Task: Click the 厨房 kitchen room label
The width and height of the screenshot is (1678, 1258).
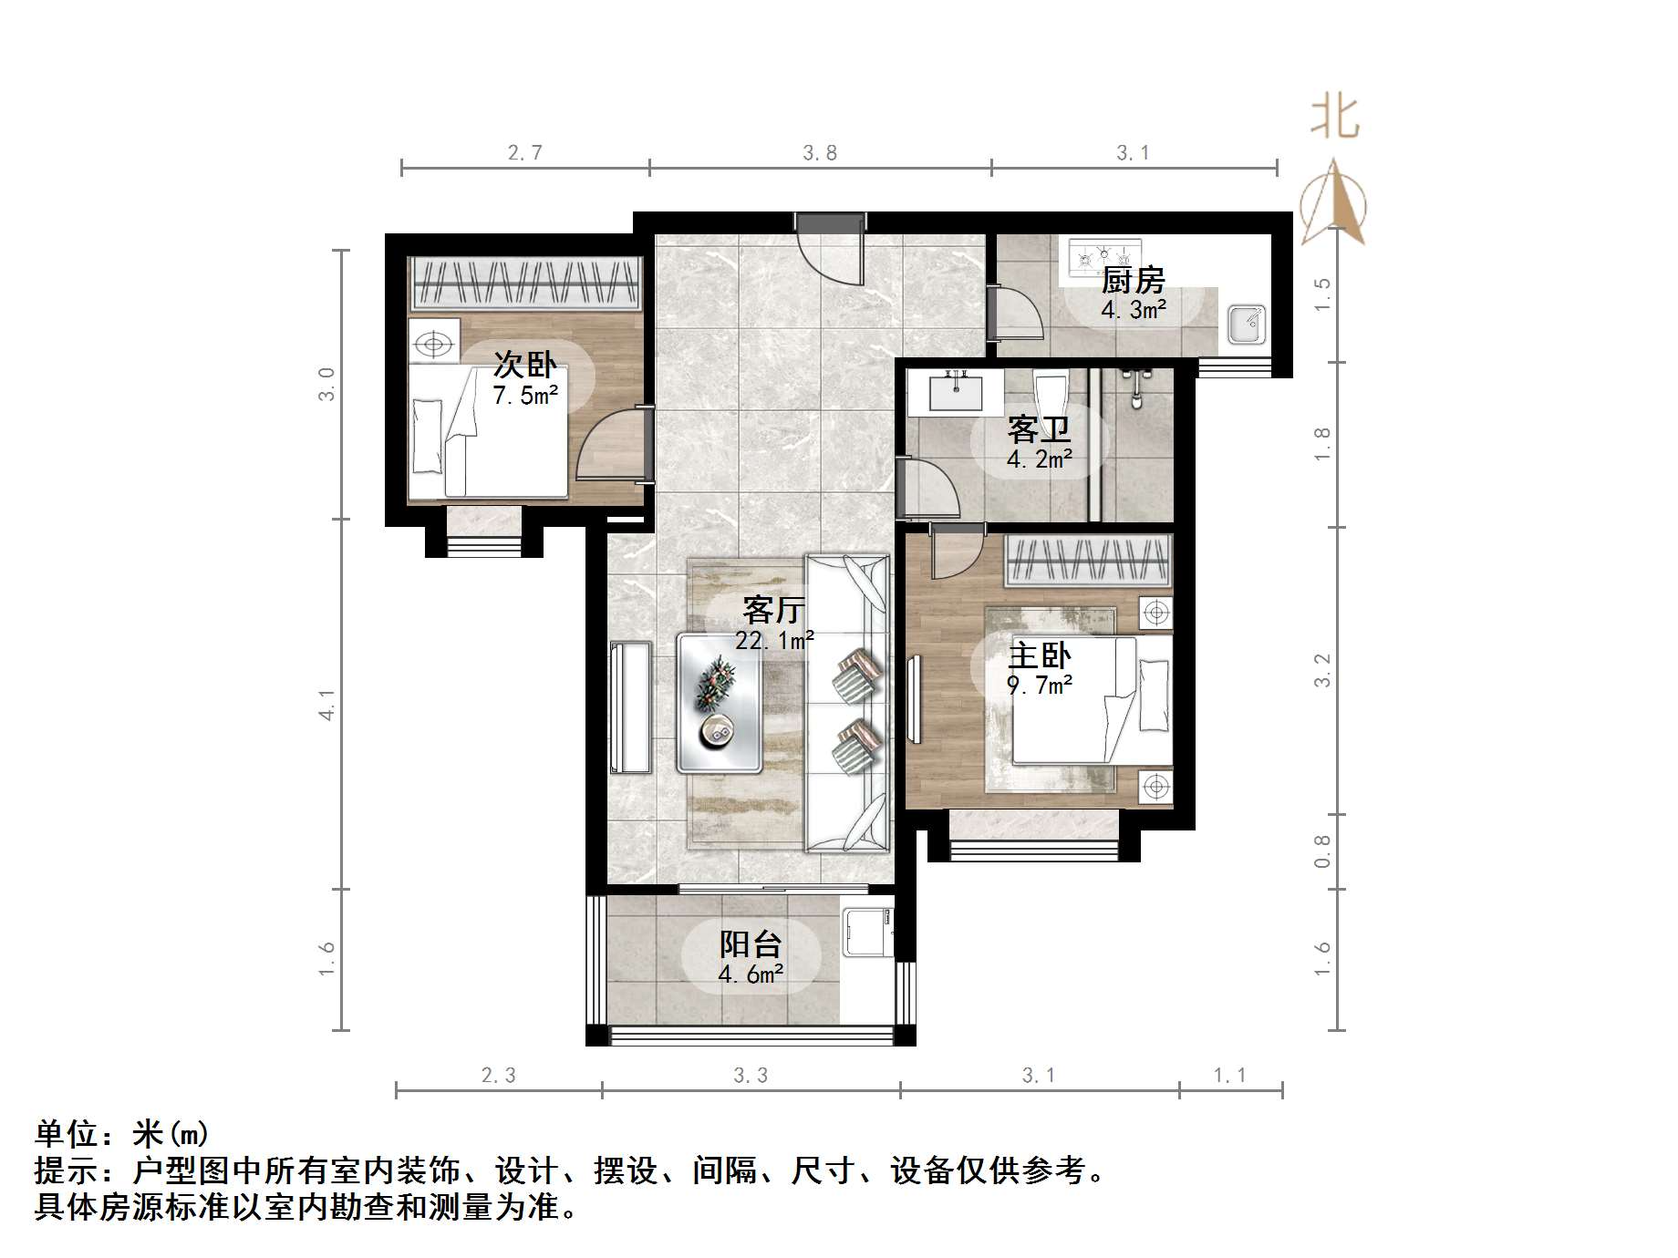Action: (x=1133, y=279)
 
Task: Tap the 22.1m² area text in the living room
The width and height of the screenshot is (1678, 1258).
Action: (x=774, y=641)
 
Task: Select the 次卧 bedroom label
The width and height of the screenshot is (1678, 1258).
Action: (x=525, y=364)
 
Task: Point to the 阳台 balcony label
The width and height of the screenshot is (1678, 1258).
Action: (x=751, y=943)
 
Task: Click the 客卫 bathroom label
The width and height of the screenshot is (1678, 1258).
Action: (x=1039, y=428)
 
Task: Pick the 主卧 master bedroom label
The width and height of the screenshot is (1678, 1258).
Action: (x=1040, y=655)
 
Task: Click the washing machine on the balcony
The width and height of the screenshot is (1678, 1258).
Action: (x=866, y=930)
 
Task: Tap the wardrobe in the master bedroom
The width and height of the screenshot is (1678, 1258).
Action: (x=1088, y=561)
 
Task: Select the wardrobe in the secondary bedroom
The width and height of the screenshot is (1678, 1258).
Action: (x=525, y=284)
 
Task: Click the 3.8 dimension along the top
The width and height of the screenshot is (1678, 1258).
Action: (x=820, y=153)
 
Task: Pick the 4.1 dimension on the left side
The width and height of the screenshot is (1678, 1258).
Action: (x=327, y=704)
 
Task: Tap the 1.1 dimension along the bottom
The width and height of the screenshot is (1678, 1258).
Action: (x=1230, y=1076)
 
